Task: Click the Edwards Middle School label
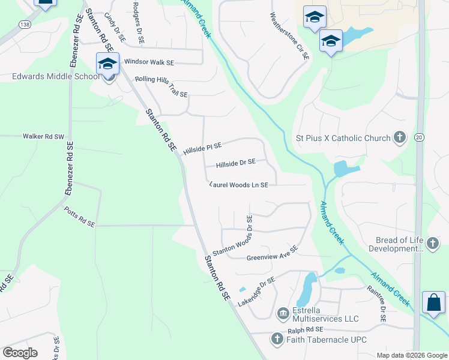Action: pos(55,77)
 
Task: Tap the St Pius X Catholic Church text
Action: pos(343,138)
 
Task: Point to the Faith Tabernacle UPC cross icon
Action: pos(277,340)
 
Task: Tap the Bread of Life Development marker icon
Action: pos(433,243)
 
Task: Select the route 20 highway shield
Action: pos(419,137)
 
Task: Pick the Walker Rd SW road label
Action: pos(43,137)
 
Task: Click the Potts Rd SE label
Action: pos(80,216)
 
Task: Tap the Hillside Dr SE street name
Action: pos(236,162)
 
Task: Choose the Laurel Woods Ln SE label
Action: pos(238,185)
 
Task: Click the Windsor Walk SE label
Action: pos(149,62)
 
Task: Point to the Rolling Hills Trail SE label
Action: pos(161,86)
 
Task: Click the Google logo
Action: pos(20,352)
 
